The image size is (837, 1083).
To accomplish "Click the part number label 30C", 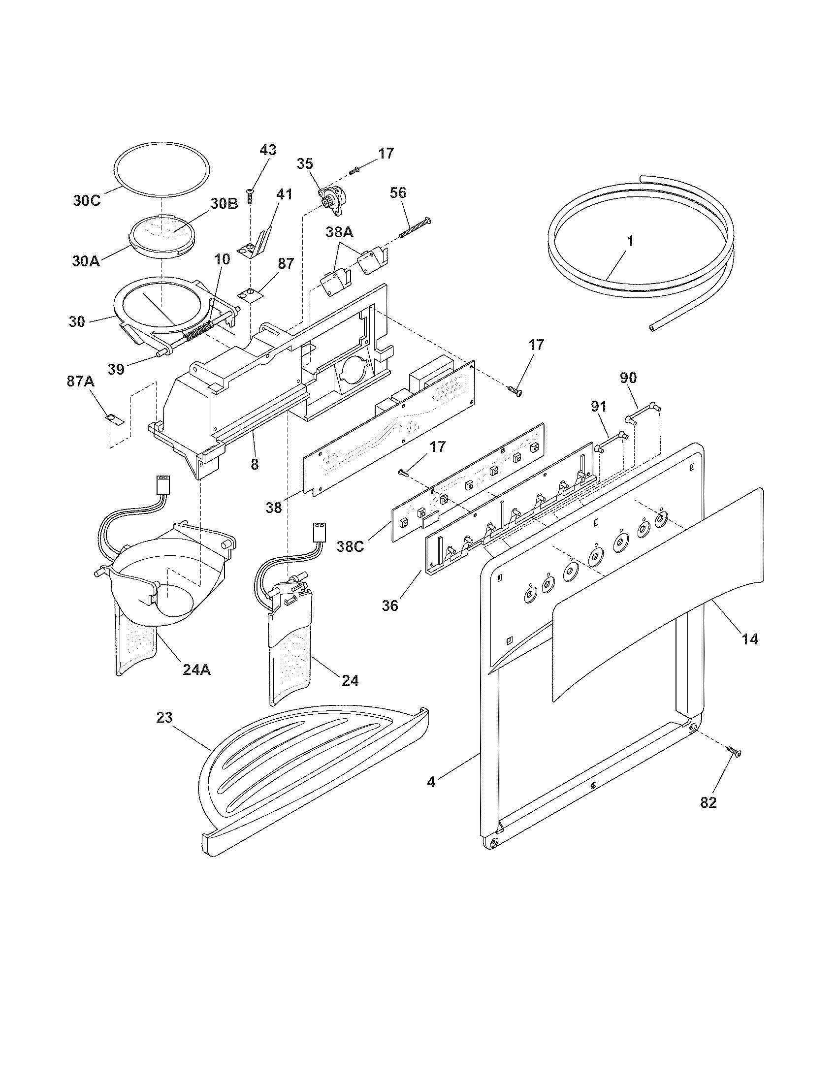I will (87, 201).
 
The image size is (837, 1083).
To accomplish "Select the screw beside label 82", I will (734, 765).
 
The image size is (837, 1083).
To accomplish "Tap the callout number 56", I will (398, 192).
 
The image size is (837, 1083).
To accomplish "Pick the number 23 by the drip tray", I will (164, 718).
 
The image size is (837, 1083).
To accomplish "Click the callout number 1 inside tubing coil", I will (630, 242).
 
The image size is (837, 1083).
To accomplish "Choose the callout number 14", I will (750, 639).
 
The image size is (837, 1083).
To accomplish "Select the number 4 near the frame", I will (431, 782).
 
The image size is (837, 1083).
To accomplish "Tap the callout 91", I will (599, 407).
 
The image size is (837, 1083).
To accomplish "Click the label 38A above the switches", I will (340, 231).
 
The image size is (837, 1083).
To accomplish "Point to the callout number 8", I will (255, 465).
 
